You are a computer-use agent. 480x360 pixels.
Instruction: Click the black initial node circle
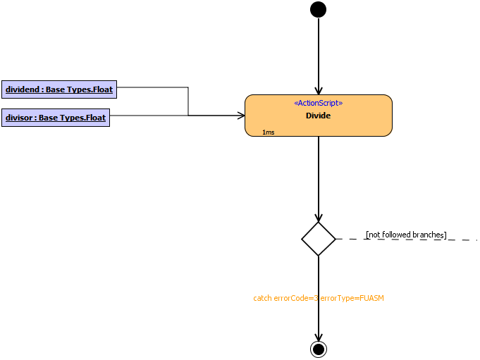tap(319, 9)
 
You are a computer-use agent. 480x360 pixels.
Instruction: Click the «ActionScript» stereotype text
tap(318, 103)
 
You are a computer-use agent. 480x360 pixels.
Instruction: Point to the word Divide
tap(318, 116)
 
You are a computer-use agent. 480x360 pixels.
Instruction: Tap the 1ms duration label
tap(268, 132)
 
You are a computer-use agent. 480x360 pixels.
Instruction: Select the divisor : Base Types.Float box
tap(56, 118)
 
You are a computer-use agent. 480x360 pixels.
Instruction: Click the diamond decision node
tap(319, 239)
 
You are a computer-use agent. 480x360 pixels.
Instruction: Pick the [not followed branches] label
tap(406, 235)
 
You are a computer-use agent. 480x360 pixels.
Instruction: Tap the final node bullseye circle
tap(319, 349)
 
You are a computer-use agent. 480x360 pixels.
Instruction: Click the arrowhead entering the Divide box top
tap(319, 89)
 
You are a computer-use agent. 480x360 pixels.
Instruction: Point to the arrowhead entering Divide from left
tap(240, 115)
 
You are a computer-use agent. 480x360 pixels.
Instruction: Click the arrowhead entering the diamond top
tap(319, 218)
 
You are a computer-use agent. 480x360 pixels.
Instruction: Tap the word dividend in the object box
tap(23, 89)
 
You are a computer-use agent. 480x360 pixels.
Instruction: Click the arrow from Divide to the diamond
tap(319, 176)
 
